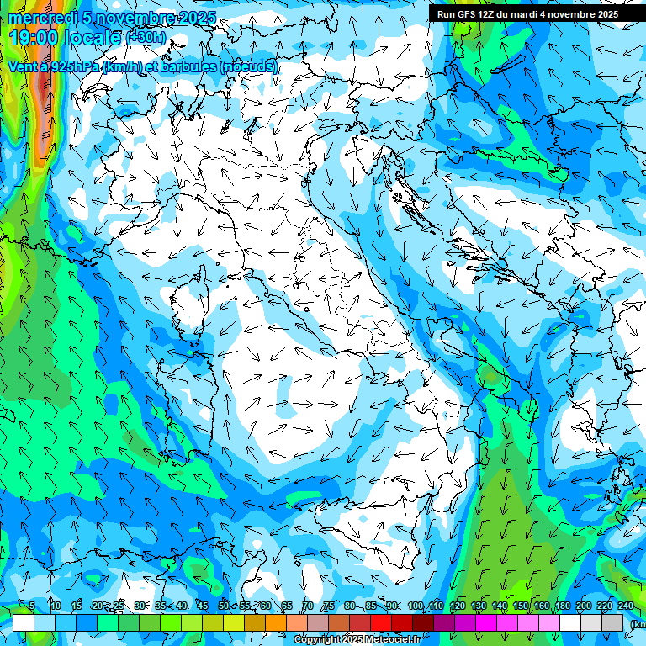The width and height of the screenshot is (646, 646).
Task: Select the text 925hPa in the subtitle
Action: pos(73,66)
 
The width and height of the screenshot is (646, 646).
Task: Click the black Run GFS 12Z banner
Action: pos(527,13)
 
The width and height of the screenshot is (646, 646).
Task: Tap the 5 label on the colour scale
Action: pos(32,606)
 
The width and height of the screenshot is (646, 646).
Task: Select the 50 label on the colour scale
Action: pos(223,606)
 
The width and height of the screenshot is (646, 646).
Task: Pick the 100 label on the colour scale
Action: pos(415,606)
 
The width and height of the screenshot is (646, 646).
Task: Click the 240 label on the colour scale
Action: pos(625,606)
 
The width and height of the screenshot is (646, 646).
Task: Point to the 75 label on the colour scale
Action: pos(329,606)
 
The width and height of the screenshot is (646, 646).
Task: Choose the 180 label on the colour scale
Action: pos(563,606)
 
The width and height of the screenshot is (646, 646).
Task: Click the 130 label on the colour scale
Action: pos(479,606)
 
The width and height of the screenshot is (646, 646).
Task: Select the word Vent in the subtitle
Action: pos(22,66)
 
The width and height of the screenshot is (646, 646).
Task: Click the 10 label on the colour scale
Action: pos(55,606)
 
